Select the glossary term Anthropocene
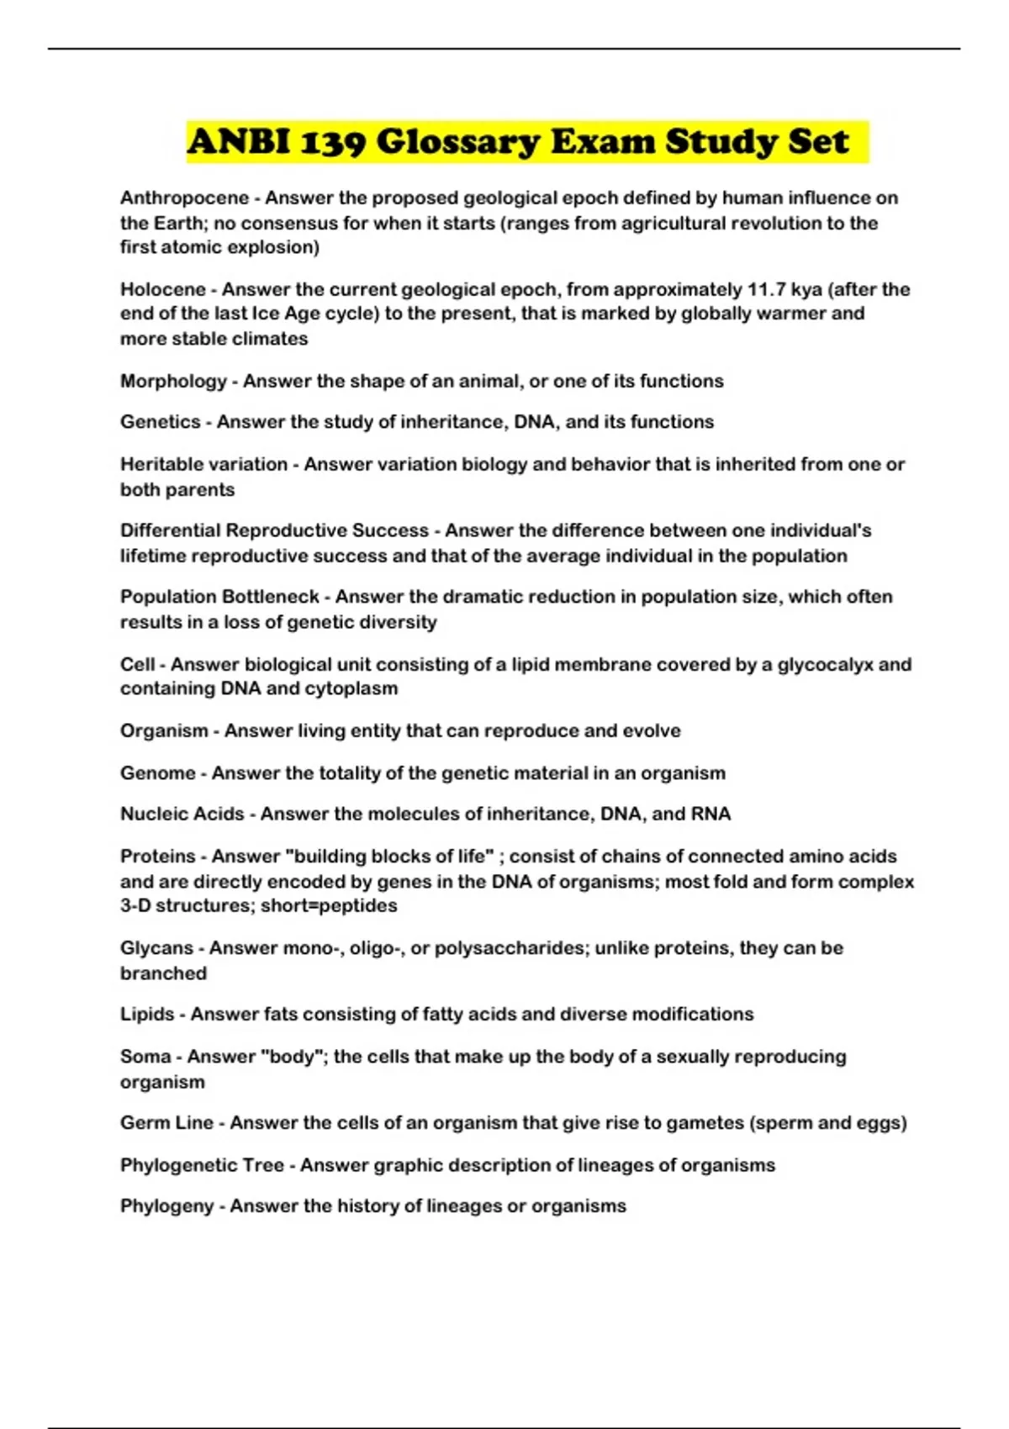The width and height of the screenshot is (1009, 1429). (x=185, y=198)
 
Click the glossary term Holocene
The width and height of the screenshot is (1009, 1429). (x=163, y=290)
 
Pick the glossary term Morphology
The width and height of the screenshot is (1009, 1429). (x=173, y=382)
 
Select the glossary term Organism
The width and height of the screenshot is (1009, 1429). (x=164, y=731)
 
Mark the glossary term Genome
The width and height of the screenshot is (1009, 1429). (x=158, y=773)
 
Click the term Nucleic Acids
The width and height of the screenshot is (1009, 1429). (x=182, y=815)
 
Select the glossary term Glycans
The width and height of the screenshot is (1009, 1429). (x=157, y=948)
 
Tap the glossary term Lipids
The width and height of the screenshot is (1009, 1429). (x=147, y=1015)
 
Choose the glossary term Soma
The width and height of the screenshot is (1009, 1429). (x=145, y=1057)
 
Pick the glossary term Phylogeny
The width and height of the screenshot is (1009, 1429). (x=166, y=1206)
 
